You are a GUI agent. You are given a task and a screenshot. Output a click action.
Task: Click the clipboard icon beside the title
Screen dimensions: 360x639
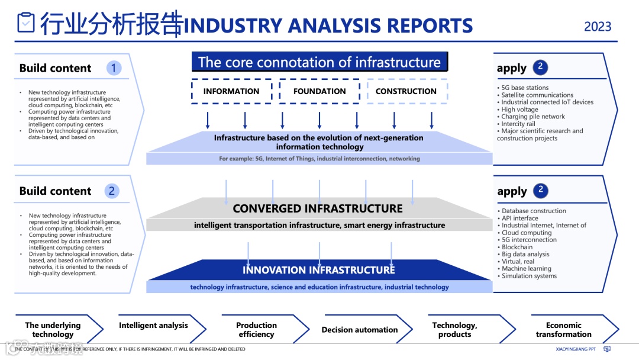tap(25, 22)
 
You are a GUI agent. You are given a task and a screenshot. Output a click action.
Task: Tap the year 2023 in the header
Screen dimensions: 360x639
tap(598, 27)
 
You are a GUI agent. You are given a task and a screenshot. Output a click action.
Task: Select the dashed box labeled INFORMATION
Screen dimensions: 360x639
tap(231, 91)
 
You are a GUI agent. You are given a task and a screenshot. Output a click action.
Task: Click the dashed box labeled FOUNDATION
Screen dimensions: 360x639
tap(319, 91)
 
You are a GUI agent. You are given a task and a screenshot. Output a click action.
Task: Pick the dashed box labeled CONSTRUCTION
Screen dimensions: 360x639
tap(406, 91)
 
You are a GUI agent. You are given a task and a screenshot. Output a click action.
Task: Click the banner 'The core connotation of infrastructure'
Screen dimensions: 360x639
tap(319, 62)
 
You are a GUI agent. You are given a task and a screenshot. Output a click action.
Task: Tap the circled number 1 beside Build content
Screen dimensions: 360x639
tap(114, 68)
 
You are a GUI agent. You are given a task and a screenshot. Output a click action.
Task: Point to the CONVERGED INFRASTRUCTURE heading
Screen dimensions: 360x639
tap(318, 208)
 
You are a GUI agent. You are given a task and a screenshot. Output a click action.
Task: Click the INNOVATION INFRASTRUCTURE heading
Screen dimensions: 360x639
tap(318, 270)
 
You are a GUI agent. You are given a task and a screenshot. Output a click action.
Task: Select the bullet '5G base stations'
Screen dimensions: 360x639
tap(525, 88)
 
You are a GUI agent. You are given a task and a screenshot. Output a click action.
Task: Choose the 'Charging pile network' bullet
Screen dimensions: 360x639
tap(533, 117)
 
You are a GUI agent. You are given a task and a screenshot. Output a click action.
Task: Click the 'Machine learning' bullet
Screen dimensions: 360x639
tap(526, 269)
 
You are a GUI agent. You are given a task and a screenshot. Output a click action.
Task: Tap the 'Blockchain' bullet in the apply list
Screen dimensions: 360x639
tap(517, 247)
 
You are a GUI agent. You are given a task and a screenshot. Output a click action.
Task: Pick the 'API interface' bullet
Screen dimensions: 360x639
tap(520, 218)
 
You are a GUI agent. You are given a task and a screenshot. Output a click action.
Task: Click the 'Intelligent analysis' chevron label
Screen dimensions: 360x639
tap(153, 325)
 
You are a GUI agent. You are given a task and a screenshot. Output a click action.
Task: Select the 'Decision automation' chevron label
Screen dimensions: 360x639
tap(360, 330)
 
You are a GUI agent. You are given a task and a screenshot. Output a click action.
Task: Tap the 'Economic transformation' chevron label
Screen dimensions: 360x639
tap(563, 330)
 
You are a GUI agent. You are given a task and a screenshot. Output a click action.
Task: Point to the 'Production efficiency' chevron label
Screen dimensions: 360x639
tap(256, 330)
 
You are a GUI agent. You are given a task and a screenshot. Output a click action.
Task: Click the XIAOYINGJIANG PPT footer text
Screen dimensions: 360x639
tap(576, 349)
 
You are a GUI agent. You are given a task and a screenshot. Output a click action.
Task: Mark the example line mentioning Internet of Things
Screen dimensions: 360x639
tap(319, 159)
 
